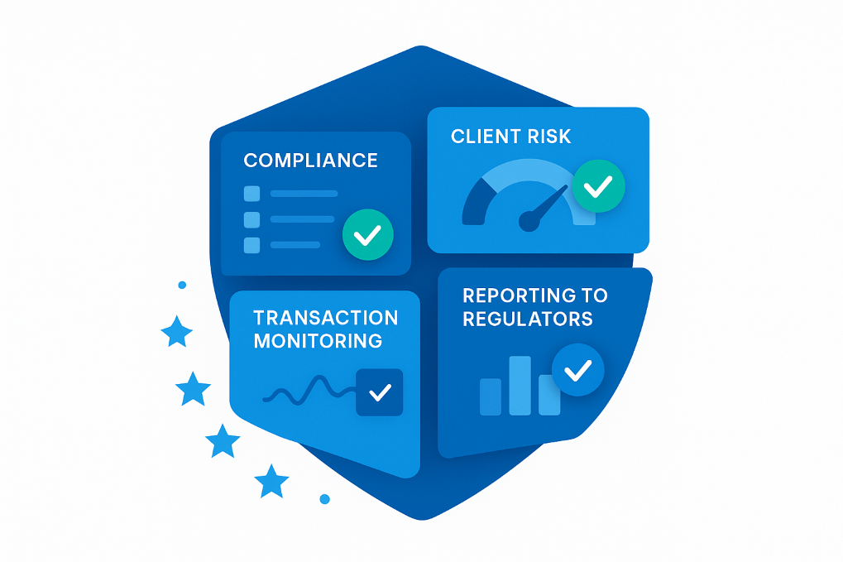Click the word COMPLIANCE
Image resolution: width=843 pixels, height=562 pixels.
tap(310, 161)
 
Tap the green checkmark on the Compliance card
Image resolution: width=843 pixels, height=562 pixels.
tap(367, 235)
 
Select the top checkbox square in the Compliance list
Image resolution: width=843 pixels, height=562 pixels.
tap(251, 194)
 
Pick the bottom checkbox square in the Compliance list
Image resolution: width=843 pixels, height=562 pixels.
tap(251, 245)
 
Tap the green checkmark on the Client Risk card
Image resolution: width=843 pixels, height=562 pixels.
tap(598, 186)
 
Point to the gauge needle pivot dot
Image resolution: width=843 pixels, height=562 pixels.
tap(529, 220)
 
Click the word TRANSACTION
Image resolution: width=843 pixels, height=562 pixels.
tap(325, 319)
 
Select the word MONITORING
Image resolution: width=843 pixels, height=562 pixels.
tap(318, 341)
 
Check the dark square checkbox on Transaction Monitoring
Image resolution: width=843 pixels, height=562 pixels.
tap(379, 392)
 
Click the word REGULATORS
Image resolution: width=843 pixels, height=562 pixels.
tap(527, 319)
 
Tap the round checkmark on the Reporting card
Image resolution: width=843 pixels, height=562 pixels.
tap(577, 369)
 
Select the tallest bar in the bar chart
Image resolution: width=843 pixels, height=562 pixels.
tap(520, 385)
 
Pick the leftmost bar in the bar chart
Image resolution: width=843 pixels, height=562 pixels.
tap(491, 396)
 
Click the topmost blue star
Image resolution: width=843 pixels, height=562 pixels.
tap(176, 332)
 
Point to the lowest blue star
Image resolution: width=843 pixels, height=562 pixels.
tap(271, 481)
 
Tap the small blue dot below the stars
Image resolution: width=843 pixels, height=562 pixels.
tap(324, 499)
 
